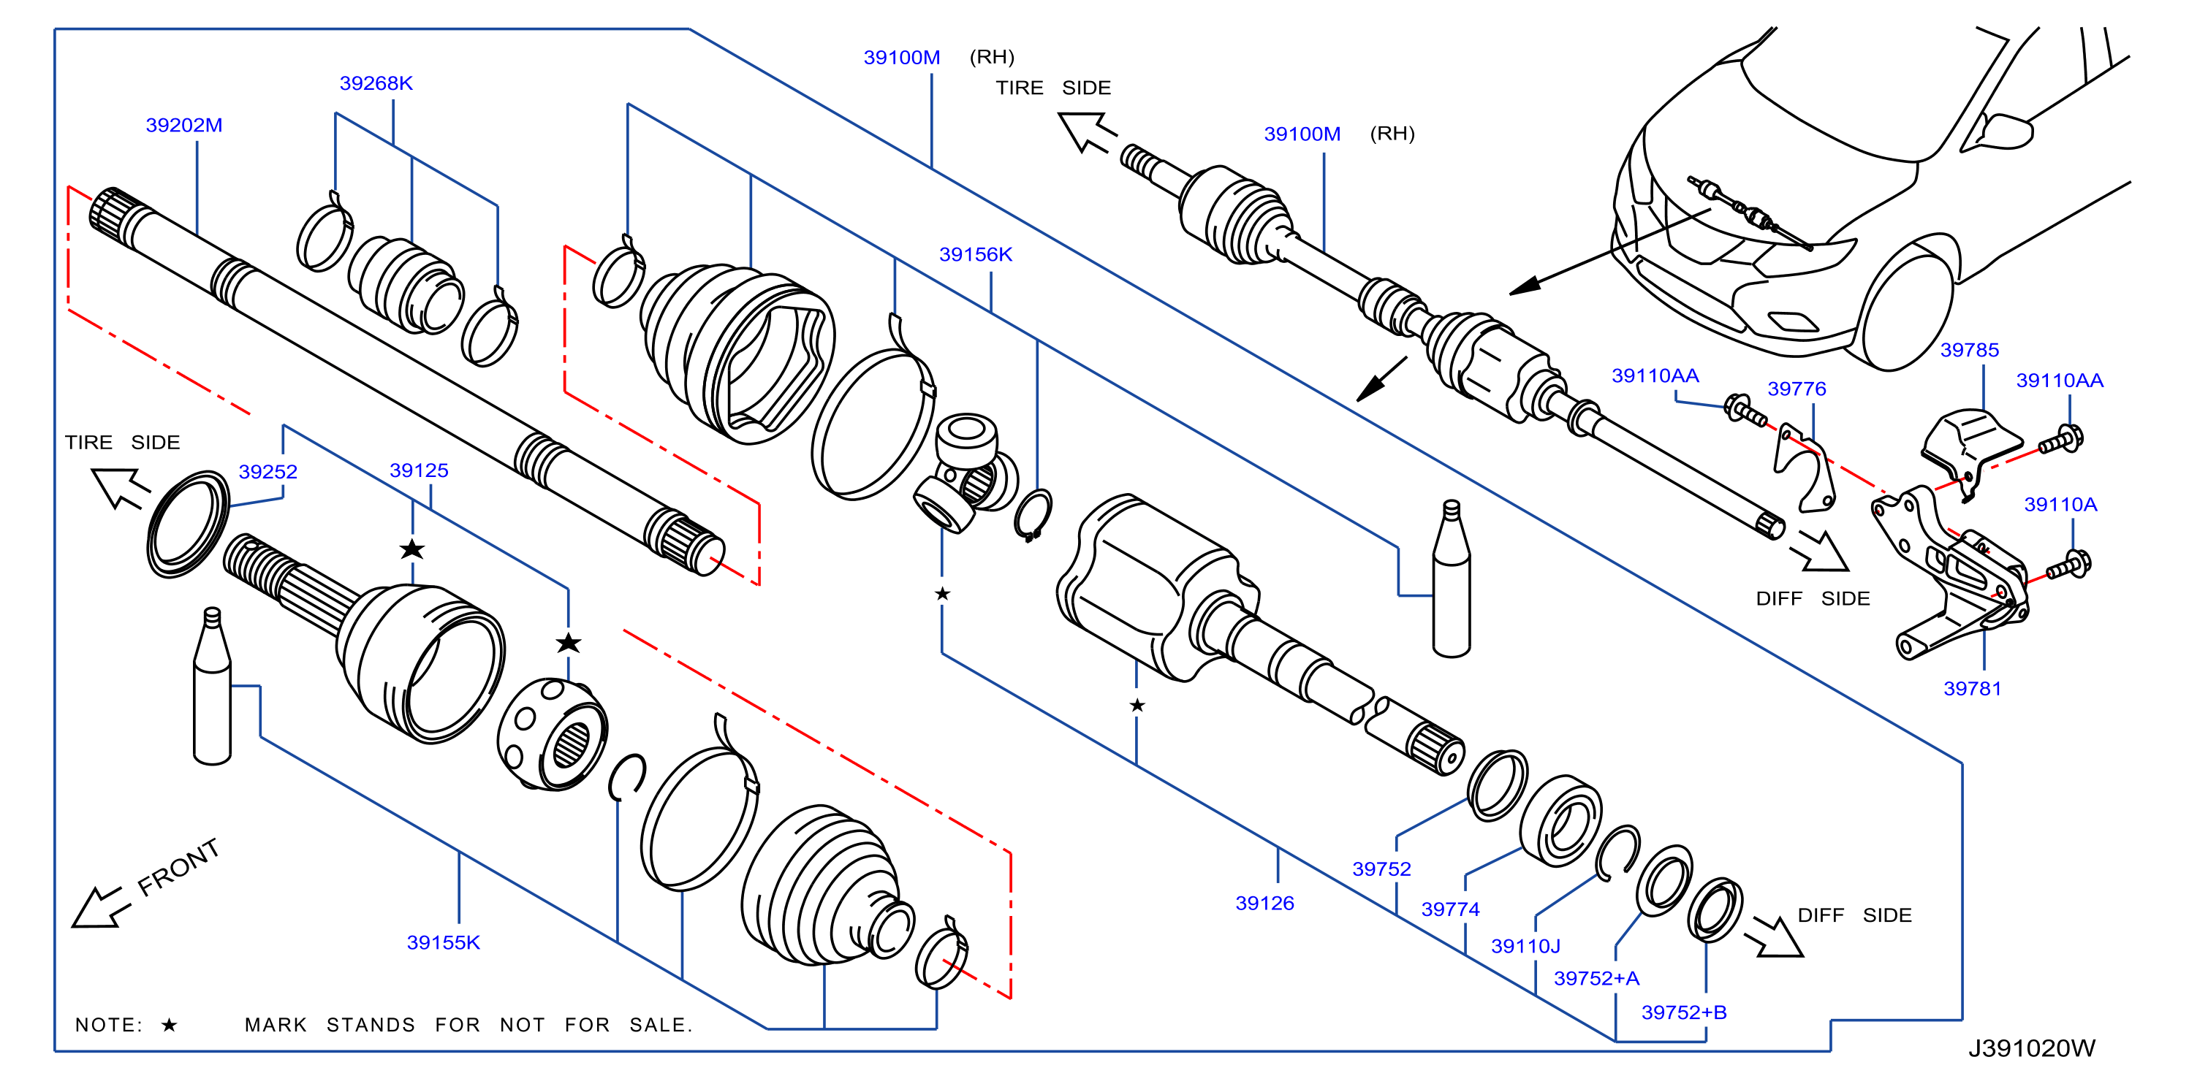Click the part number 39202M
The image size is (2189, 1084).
184,126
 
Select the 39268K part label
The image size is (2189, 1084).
376,83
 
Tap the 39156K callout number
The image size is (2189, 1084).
976,255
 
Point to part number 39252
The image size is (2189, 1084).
268,473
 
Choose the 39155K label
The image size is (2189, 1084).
444,943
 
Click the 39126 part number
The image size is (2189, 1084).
1264,904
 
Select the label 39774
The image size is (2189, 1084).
1451,910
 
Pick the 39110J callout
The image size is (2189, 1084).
1526,947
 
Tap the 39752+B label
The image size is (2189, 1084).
1684,1012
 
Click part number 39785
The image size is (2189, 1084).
1970,350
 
